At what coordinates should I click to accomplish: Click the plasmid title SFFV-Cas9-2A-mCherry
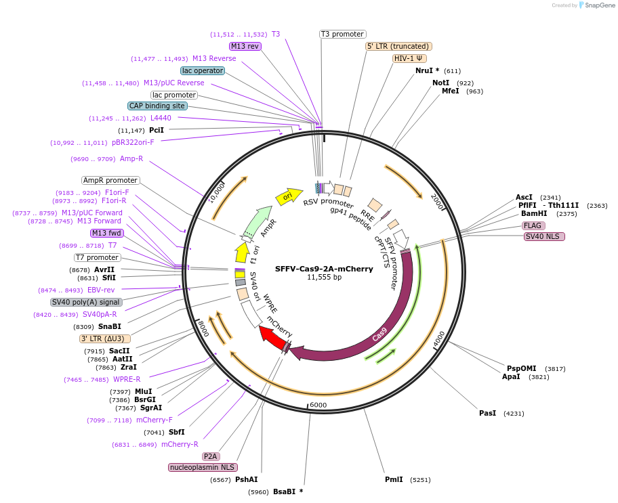click(x=324, y=269)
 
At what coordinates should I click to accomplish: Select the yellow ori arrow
click(x=289, y=196)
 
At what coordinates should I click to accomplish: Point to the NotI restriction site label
click(x=440, y=83)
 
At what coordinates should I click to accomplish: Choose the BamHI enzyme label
click(x=534, y=213)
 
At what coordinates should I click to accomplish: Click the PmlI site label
click(x=394, y=479)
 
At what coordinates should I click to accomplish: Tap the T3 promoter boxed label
click(x=342, y=35)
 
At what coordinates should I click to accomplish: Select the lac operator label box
click(x=203, y=70)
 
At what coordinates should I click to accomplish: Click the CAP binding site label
click(x=157, y=106)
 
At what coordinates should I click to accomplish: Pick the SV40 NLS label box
click(x=544, y=236)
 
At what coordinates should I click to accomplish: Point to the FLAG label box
click(x=533, y=225)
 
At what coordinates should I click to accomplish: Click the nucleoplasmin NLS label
click(x=203, y=467)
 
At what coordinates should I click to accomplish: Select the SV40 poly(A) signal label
click(x=86, y=302)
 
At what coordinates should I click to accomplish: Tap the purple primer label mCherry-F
click(x=154, y=420)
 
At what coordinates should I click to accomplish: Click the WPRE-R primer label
click(x=127, y=379)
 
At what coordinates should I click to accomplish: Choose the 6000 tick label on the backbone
click(x=318, y=405)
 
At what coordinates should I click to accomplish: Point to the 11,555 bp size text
click(x=324, y=278)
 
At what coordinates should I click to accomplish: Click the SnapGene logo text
click(x=600, y=5)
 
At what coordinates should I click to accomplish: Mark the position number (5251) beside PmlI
click(x=420, y=480)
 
